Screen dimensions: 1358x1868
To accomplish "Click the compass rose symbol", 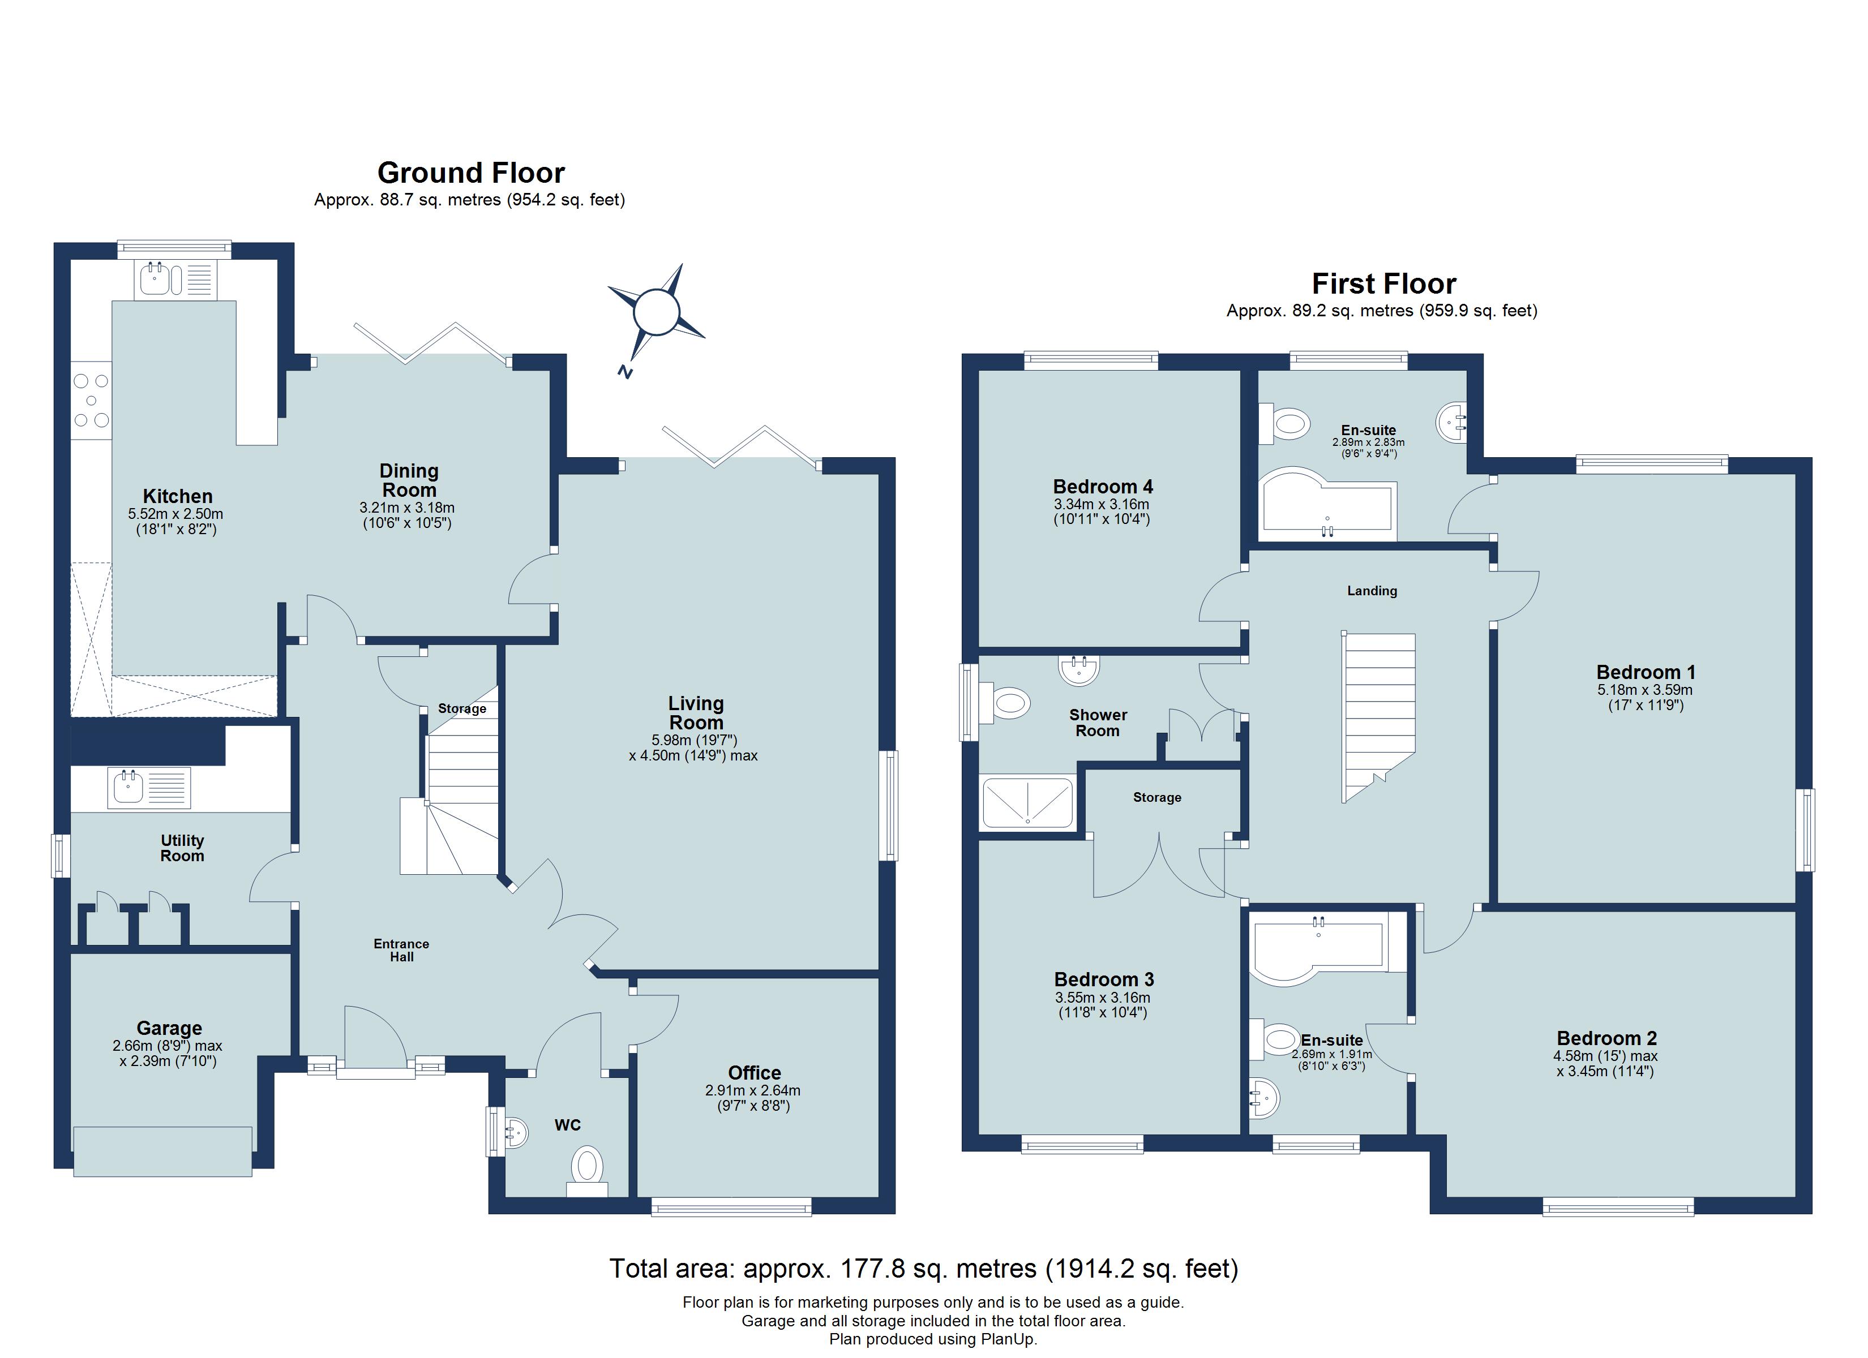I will pos(657,312).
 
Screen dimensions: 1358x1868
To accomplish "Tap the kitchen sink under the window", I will pos(174,278).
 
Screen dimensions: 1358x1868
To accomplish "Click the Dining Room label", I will pos(409,480).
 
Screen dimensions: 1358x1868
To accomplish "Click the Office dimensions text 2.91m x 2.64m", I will pos(753,1090).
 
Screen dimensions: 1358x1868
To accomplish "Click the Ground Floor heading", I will pos(471,173).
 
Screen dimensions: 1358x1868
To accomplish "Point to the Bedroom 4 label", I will pos(1102,486).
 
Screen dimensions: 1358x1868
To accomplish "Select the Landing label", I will pos(1372,591).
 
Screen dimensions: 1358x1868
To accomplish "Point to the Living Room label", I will pos(695,712).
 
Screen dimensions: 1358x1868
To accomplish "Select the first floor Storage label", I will pos(1156,797).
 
